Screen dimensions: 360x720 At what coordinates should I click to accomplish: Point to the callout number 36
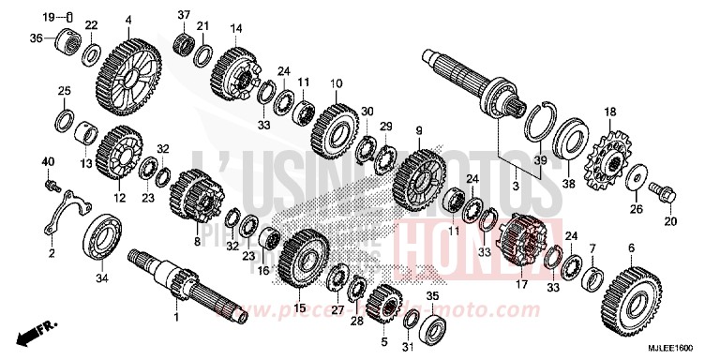click(37, 37)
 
